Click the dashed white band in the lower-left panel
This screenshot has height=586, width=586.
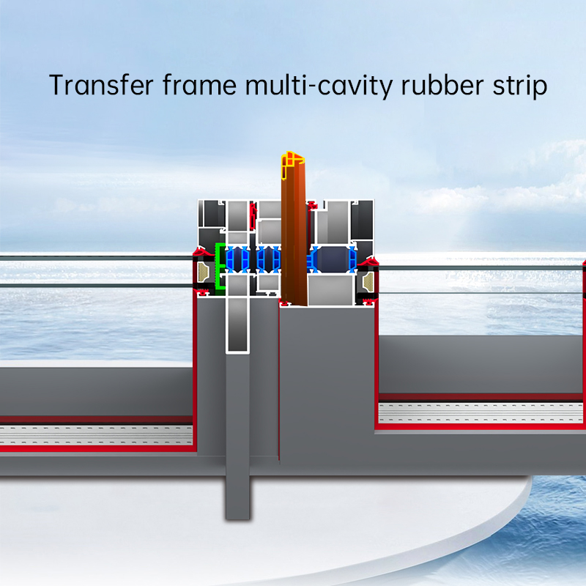95,435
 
